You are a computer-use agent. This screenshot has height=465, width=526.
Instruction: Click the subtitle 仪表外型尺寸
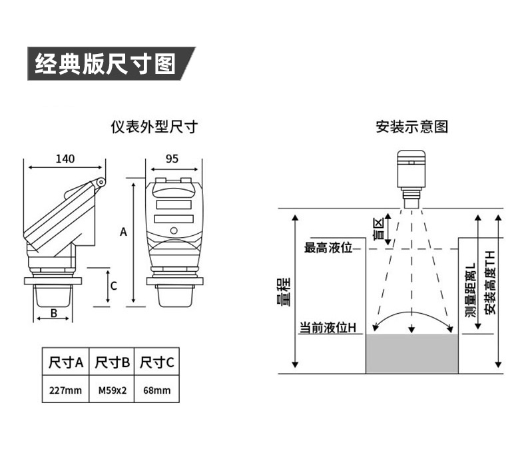click(x=154, y=126)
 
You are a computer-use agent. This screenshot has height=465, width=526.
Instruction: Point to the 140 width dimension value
click(x=65, y=159)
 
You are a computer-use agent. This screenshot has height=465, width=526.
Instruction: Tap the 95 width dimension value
click(x=172, y=159)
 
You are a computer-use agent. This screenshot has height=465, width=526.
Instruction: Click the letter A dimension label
click(x=123, y=232)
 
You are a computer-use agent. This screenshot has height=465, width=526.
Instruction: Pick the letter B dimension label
click(x=54, y=312)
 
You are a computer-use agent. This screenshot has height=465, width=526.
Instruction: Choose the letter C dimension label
click(x=114, y=286)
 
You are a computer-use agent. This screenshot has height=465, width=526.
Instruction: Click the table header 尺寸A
click(x=66, y=363)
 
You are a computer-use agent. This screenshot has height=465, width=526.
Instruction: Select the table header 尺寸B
click(x=112, y=363)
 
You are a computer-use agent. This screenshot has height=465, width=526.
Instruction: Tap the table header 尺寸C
click(x=157, y=363)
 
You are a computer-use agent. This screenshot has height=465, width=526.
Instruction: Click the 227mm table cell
click(x=66, y=390)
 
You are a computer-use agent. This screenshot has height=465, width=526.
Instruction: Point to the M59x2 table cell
click(x=112, y=390)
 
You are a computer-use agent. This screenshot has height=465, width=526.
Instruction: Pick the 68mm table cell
click(x=157, y=390)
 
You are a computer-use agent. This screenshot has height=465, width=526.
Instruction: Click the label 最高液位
click(x=328, y=248)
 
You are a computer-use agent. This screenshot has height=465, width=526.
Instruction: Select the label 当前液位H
click(x=328, y=328)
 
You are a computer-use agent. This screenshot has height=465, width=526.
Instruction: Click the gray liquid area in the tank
click(x=412, y=354)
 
